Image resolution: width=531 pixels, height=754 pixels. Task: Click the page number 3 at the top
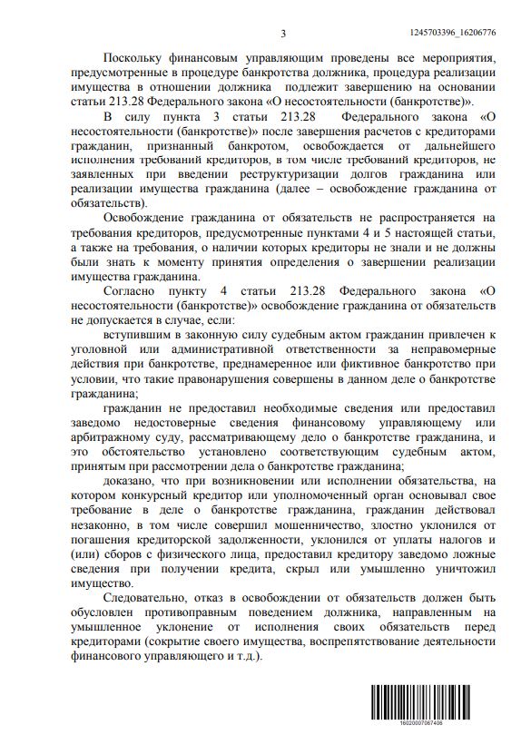tap(283, 34)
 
